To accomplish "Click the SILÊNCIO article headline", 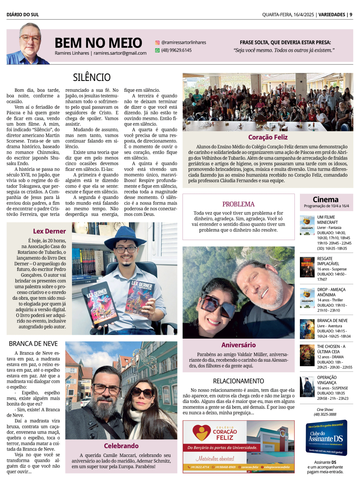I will point(92,77).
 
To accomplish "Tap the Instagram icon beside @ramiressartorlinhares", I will point(157,42).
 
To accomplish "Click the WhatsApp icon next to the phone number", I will point(157,50).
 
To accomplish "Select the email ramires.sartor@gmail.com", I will point(120,53).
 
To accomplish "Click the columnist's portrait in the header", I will point(29,44).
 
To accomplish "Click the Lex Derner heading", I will point(49,231).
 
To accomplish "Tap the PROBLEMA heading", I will point(238,204).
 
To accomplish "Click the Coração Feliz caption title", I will point(268,137).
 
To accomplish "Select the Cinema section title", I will point(325,199).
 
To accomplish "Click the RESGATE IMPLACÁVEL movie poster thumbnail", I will point(307,267).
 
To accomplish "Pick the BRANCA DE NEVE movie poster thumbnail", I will point(307,329).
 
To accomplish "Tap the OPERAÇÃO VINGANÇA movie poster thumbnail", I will point(307,386).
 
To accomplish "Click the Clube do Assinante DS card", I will point(326,438).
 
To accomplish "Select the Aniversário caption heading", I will point(238,345).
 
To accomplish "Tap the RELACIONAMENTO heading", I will point(238,381).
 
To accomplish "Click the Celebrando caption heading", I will point(121,446).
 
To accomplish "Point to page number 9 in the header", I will point(351,15).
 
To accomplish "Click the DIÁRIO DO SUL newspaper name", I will point(23,15).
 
